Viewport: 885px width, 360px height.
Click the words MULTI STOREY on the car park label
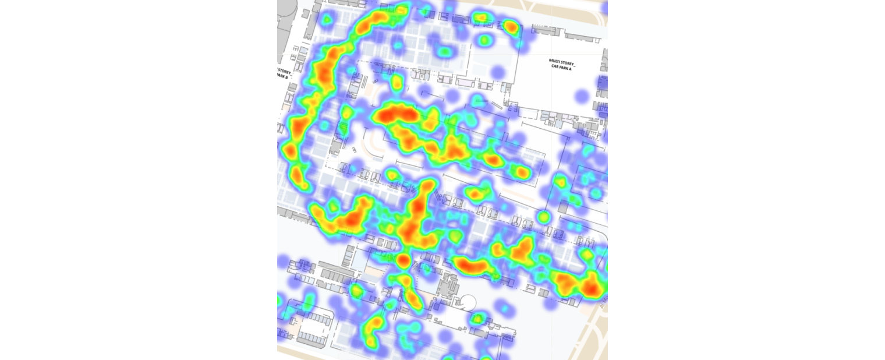click(561, 61)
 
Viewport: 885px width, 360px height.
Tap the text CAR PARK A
click(562, 67)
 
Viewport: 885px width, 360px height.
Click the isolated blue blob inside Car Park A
click(581, 95)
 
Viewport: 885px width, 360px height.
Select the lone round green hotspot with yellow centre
click(543, 217)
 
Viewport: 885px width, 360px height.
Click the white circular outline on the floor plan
click(468, 302)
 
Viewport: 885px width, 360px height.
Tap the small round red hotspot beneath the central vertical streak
click(402, 260)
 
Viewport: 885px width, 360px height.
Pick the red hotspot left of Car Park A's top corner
click(511, 26)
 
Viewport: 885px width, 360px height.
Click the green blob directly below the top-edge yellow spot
click(484, 40)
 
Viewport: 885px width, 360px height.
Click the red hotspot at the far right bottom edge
click(592, 288)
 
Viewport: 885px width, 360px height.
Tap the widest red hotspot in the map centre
click(396, 114)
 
